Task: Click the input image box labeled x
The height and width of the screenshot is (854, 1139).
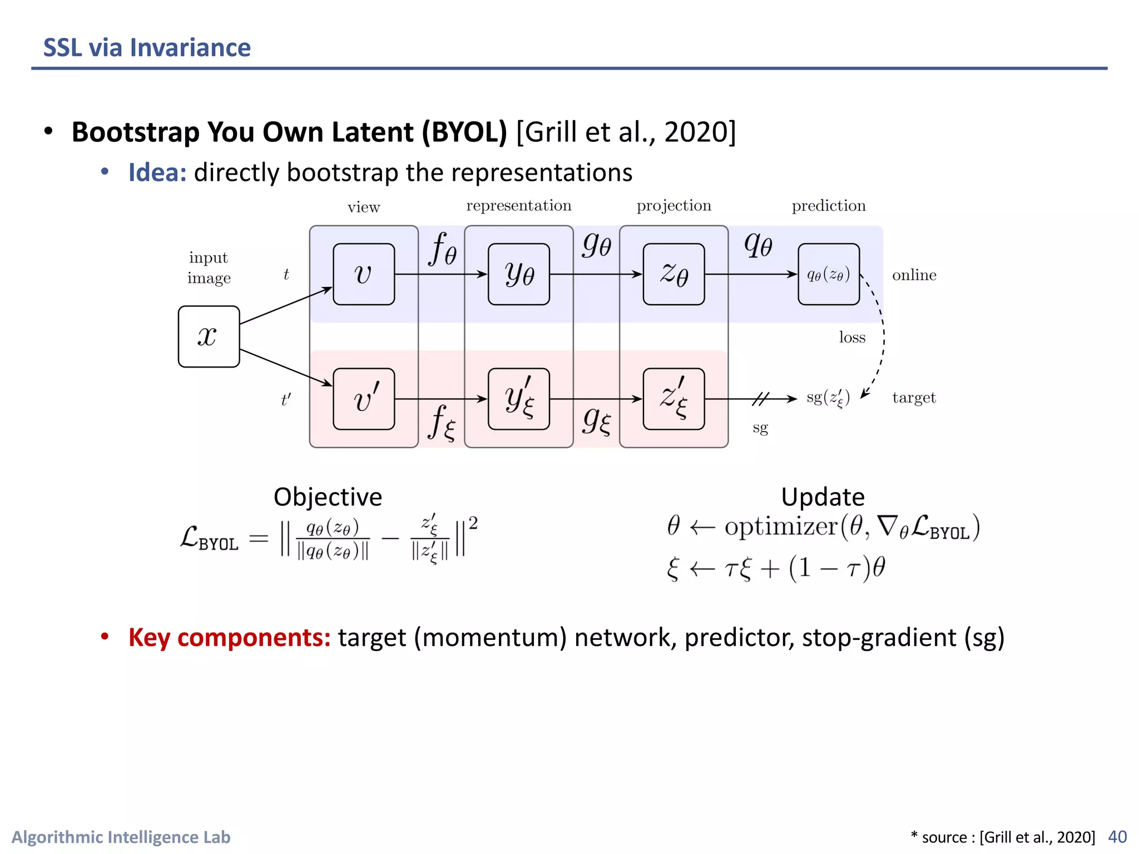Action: [x=209, y=336]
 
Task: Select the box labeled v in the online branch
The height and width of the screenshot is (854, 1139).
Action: [x=364, y=274]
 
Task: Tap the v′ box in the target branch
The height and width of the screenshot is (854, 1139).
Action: [x=364, y=399]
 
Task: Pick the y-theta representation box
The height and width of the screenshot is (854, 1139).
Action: [x=518, y=274]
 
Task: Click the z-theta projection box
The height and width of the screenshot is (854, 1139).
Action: [x=674, y=274]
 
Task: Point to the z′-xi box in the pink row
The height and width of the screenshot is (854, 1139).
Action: [x=674, y=399]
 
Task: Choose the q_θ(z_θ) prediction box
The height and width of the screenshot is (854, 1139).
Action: [x=828, y=274]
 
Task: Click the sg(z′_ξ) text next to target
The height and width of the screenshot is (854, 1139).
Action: [x=828, y=398]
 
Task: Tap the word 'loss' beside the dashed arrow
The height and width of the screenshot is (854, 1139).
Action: [x=852, y=337]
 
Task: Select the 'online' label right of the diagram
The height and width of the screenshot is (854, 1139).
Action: [x=914, y=275]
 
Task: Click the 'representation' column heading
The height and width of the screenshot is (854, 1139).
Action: [x=518, y=206]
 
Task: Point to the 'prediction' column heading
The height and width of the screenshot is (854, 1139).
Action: [x=829, y=206]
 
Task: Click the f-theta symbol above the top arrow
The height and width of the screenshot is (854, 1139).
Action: [x=443, y=249]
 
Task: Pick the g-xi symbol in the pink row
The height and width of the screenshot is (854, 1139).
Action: [x=597, y=421]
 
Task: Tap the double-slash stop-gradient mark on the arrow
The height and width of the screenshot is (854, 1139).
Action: [x=760, y=399]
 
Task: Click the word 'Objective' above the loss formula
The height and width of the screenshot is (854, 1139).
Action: [x=328, y=496]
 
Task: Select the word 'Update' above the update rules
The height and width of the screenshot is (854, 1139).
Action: [x=823, y=496]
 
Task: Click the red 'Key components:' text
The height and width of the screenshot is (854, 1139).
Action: [x=229, y=637]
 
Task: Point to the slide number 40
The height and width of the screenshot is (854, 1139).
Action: [x=1117, y=837]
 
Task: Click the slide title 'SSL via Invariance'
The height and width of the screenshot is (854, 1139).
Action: [x=147, y=48]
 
